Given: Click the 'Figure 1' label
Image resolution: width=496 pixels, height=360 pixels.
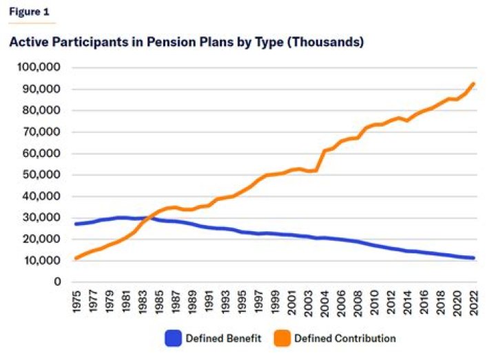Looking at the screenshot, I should (29, 12).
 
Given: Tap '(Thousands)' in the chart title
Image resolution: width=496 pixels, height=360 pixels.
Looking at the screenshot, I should (324, 42).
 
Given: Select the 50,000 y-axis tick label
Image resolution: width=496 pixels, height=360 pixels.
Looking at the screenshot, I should (40, 175).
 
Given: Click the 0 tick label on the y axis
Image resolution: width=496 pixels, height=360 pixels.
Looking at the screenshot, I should (59, 282).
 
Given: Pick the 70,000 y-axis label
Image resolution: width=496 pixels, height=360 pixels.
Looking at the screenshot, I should (40, 132).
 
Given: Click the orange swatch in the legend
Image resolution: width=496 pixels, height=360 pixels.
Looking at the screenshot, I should (281, 338).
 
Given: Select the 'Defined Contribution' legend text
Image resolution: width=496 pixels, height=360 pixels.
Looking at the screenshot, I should (344, 338).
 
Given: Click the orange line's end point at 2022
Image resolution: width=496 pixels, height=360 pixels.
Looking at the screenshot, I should (473, 84).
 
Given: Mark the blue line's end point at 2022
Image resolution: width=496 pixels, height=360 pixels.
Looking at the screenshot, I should (473, 258).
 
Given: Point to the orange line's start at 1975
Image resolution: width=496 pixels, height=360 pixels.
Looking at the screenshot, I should (76, 258).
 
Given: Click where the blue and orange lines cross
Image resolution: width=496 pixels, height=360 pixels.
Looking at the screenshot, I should (145, 218).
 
